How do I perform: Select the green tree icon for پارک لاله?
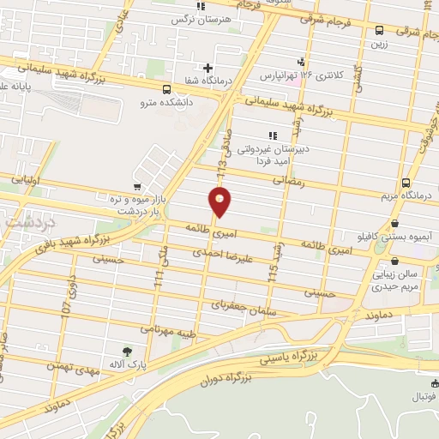pos(128,351)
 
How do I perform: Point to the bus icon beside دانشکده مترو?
pos(166,88)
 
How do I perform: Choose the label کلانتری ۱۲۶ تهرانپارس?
pos(312,75)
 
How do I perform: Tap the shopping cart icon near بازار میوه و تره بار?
pos(137,186)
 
